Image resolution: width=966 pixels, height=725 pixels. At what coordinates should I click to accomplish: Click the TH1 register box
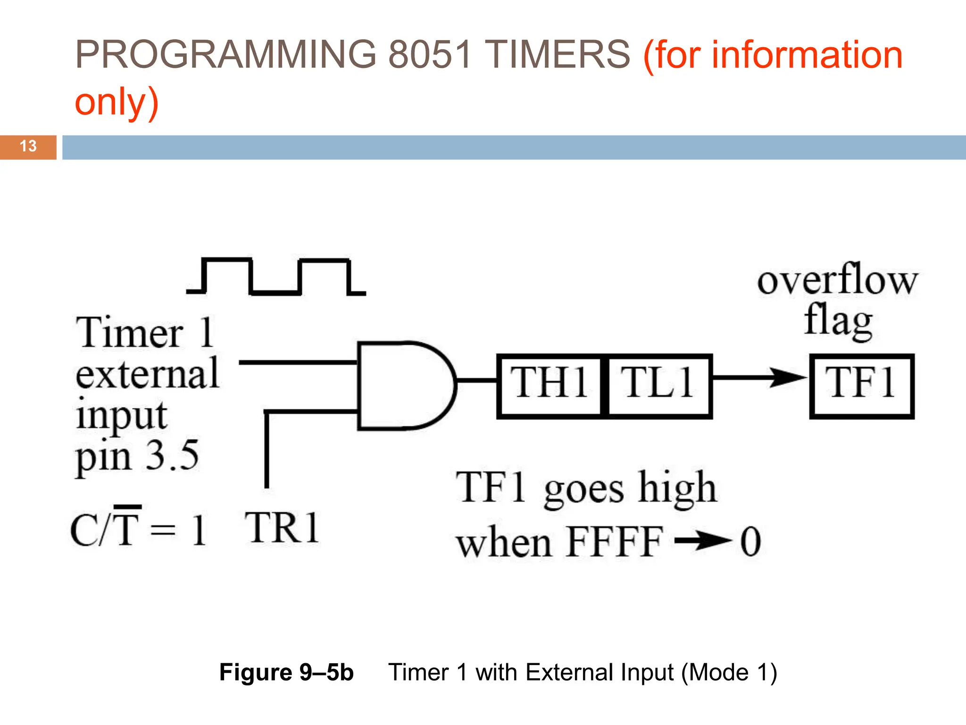pos(550,386)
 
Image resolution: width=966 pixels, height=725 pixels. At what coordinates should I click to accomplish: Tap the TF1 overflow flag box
pos(862,386)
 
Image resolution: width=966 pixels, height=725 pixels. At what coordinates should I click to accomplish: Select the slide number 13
pos(28,146)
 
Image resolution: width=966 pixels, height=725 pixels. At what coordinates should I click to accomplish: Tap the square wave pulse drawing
pos(276,276)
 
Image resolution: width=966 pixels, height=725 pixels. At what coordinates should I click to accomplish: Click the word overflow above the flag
pos(837,280)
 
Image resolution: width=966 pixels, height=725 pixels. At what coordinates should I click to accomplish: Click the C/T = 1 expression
pos(138,529)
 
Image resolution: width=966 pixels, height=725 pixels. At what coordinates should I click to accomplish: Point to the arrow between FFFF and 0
pos(702,541)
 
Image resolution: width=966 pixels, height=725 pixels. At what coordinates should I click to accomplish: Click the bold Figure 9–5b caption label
pos(286,672)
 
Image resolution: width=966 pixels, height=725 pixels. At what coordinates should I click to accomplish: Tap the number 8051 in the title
pos(429,54)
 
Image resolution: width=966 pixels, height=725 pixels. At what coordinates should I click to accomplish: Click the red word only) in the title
pos(117,101)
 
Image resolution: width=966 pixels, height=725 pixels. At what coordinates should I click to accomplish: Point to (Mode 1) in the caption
pos(729,672)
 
